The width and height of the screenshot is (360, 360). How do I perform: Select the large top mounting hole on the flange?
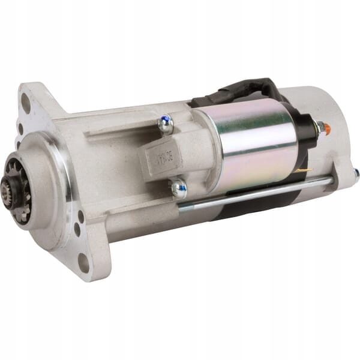click(26, 103)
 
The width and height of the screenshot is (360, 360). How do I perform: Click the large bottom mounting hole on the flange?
click(83, 263)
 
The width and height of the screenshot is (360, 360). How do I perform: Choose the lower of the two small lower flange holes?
click(77, 229)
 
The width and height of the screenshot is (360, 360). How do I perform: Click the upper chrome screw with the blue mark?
click(164, 124)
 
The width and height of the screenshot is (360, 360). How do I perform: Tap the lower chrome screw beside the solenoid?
click(178, 189)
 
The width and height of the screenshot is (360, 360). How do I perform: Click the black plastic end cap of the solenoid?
click(305, 141)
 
